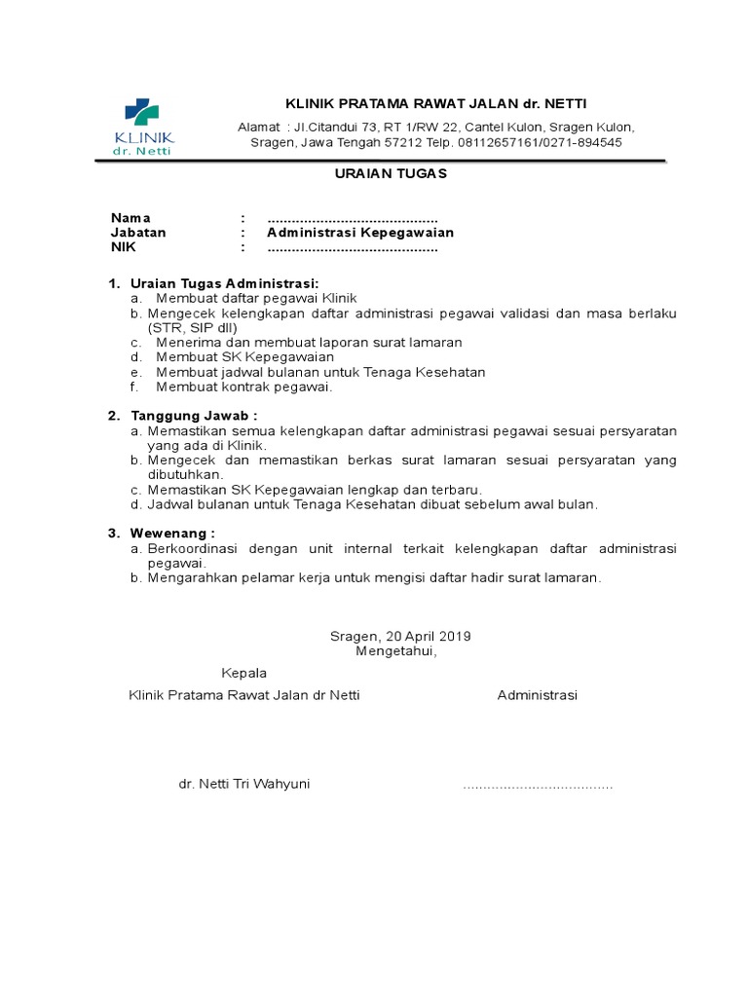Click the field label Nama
tap(131, 218)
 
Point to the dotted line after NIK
tap(352, 247)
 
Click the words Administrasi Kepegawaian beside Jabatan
tap(360, 233)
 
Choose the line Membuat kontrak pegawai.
tap(244, 387)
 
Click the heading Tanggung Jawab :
tap(194, 416)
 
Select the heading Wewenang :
tap(172, 533)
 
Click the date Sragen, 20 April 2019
tap(400, 637)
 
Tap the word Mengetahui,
tap(396, 651)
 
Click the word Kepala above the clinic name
tap(243, 673)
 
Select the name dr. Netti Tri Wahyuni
tap(244, 784)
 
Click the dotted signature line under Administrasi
tap(538, 785)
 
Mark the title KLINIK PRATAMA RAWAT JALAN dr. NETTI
tap(435, 104)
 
